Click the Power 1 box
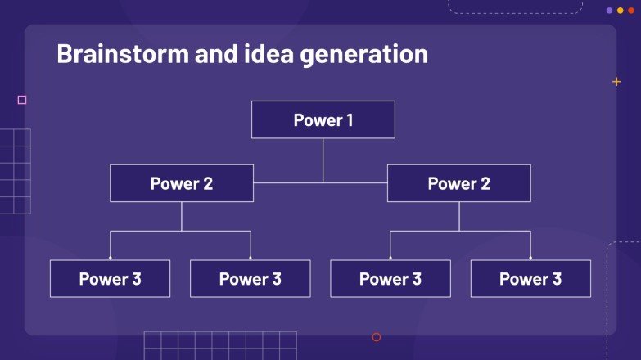pyautogui.click(x=323, y=119)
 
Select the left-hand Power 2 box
pyautogui.click(x=182, y=183)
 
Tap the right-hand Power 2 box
pyautogui.click(x=458, y=183)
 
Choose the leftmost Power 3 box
pyautogui.click(x=110, y=279)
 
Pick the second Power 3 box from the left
pyautogui.click(x=250, y=279)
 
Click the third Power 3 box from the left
pyautogui.click(x=390, y=279)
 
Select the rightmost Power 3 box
pyautogui.click(x=530, y=279)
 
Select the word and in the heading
pyautogui.click(x=216, y=54)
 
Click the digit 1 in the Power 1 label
pyautogui.click(x=349, y=120)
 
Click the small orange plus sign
pyautogui.click(x=616, y=82)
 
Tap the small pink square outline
pyautogui.click(x=22, y=100)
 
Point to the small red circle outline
pyautogui.click(x=377, y=337)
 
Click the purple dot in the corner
pyautogui.click(x=609, y=11)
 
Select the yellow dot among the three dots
pyautogui.click(x=620, y=11)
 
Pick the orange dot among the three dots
pyautogui.click(x=630, y=11)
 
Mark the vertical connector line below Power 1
pyautogui.click(x=323, y=160)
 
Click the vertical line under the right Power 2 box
pyautogui.click(x=458, y=216)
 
